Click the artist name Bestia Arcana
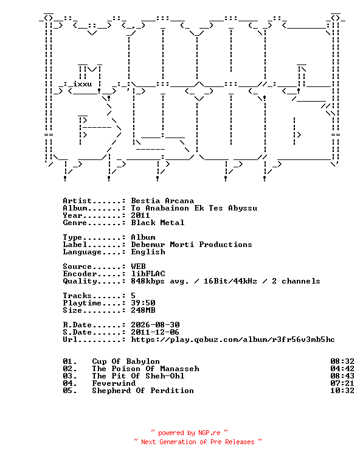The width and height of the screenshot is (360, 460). click(x=162, y=201)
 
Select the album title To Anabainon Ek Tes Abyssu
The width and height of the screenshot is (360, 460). click(x=194, y=208)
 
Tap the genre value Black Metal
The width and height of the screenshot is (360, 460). click(x=157, y=223)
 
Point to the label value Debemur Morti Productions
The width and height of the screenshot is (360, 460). click(x=192, y=245)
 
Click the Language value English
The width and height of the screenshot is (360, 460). click(x=148, y=252)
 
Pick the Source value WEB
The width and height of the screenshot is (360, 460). click(x=139, y=267)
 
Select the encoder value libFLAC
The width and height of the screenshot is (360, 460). click(x=148, y=274)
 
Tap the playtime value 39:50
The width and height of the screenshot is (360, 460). click(x=143, y=303)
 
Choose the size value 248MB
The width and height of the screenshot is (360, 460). click(x=143, y=310)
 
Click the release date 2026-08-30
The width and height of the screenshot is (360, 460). click(x=156, y=325)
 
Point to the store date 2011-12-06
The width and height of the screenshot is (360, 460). click(x=155, y=332)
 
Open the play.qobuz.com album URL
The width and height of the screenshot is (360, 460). click(x=233, y=340)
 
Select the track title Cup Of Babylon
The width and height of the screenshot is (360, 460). click(x=126, y=361)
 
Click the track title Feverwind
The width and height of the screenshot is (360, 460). click(x=114, y=383)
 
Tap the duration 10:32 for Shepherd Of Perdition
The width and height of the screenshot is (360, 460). click(x=342, y=391)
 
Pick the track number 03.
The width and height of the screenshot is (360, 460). click(x=70, y=376)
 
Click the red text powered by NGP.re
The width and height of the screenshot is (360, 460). click(x=189, y=433)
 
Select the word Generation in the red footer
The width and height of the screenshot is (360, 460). click(x=178, y=442)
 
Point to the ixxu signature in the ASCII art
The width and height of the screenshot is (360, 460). click(x=82, y=84)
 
